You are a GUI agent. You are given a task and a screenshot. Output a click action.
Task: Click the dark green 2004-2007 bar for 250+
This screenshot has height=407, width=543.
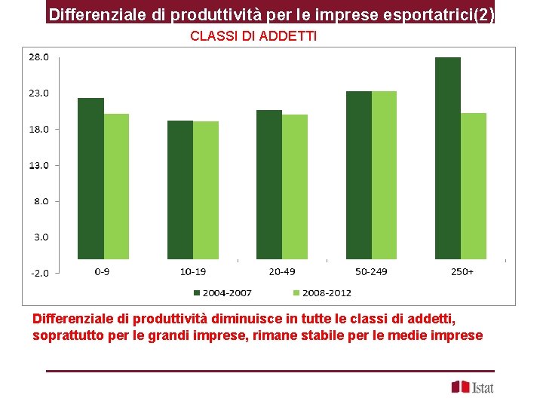pos(448,158)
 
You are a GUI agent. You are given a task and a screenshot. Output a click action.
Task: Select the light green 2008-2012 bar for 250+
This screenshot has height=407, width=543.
pos(474,186)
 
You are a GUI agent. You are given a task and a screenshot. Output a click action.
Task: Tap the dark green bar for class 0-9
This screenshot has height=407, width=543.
pos(90,179)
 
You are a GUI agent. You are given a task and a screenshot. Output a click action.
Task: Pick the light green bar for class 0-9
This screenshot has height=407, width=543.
pos(116,186)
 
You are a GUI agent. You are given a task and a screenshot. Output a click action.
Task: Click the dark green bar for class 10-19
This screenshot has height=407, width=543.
pos(179,190)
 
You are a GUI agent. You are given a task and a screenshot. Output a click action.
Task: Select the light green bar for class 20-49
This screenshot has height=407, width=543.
pos(295,187)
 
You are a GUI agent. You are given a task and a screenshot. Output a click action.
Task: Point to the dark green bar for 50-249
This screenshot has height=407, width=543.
pos(358,175)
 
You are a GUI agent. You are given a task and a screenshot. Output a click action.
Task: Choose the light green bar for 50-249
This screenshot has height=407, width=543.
pos(384,175)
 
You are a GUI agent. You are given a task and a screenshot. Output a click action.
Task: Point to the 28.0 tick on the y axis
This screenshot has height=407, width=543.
pos(39,57)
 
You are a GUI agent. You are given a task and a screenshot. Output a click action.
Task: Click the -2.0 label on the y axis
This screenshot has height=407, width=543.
pos(39,274)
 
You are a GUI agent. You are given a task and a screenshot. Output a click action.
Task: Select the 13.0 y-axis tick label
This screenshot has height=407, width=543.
pos(39,165)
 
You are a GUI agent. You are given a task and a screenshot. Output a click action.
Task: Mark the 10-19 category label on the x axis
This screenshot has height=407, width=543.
pos(193,271)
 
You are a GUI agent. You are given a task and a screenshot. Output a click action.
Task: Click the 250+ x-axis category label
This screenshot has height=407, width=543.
pos(462,271)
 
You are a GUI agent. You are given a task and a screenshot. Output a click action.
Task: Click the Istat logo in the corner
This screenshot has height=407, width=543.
pos(472,387)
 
